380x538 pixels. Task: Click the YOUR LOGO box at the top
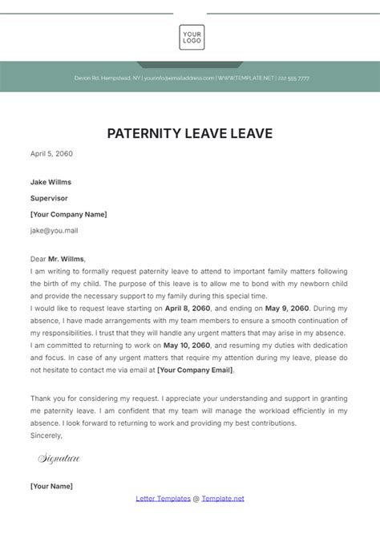coord(192,38)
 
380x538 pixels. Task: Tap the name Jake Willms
coord(51,181)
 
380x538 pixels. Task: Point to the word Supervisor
coord(49,197)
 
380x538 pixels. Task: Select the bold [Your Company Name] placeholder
coord(68,214)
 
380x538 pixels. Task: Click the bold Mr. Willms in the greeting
coord(67,260)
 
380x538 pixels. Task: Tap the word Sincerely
coord(46,435)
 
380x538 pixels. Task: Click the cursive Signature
coord(59,459)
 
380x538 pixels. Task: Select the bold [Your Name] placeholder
coord(51,486)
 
